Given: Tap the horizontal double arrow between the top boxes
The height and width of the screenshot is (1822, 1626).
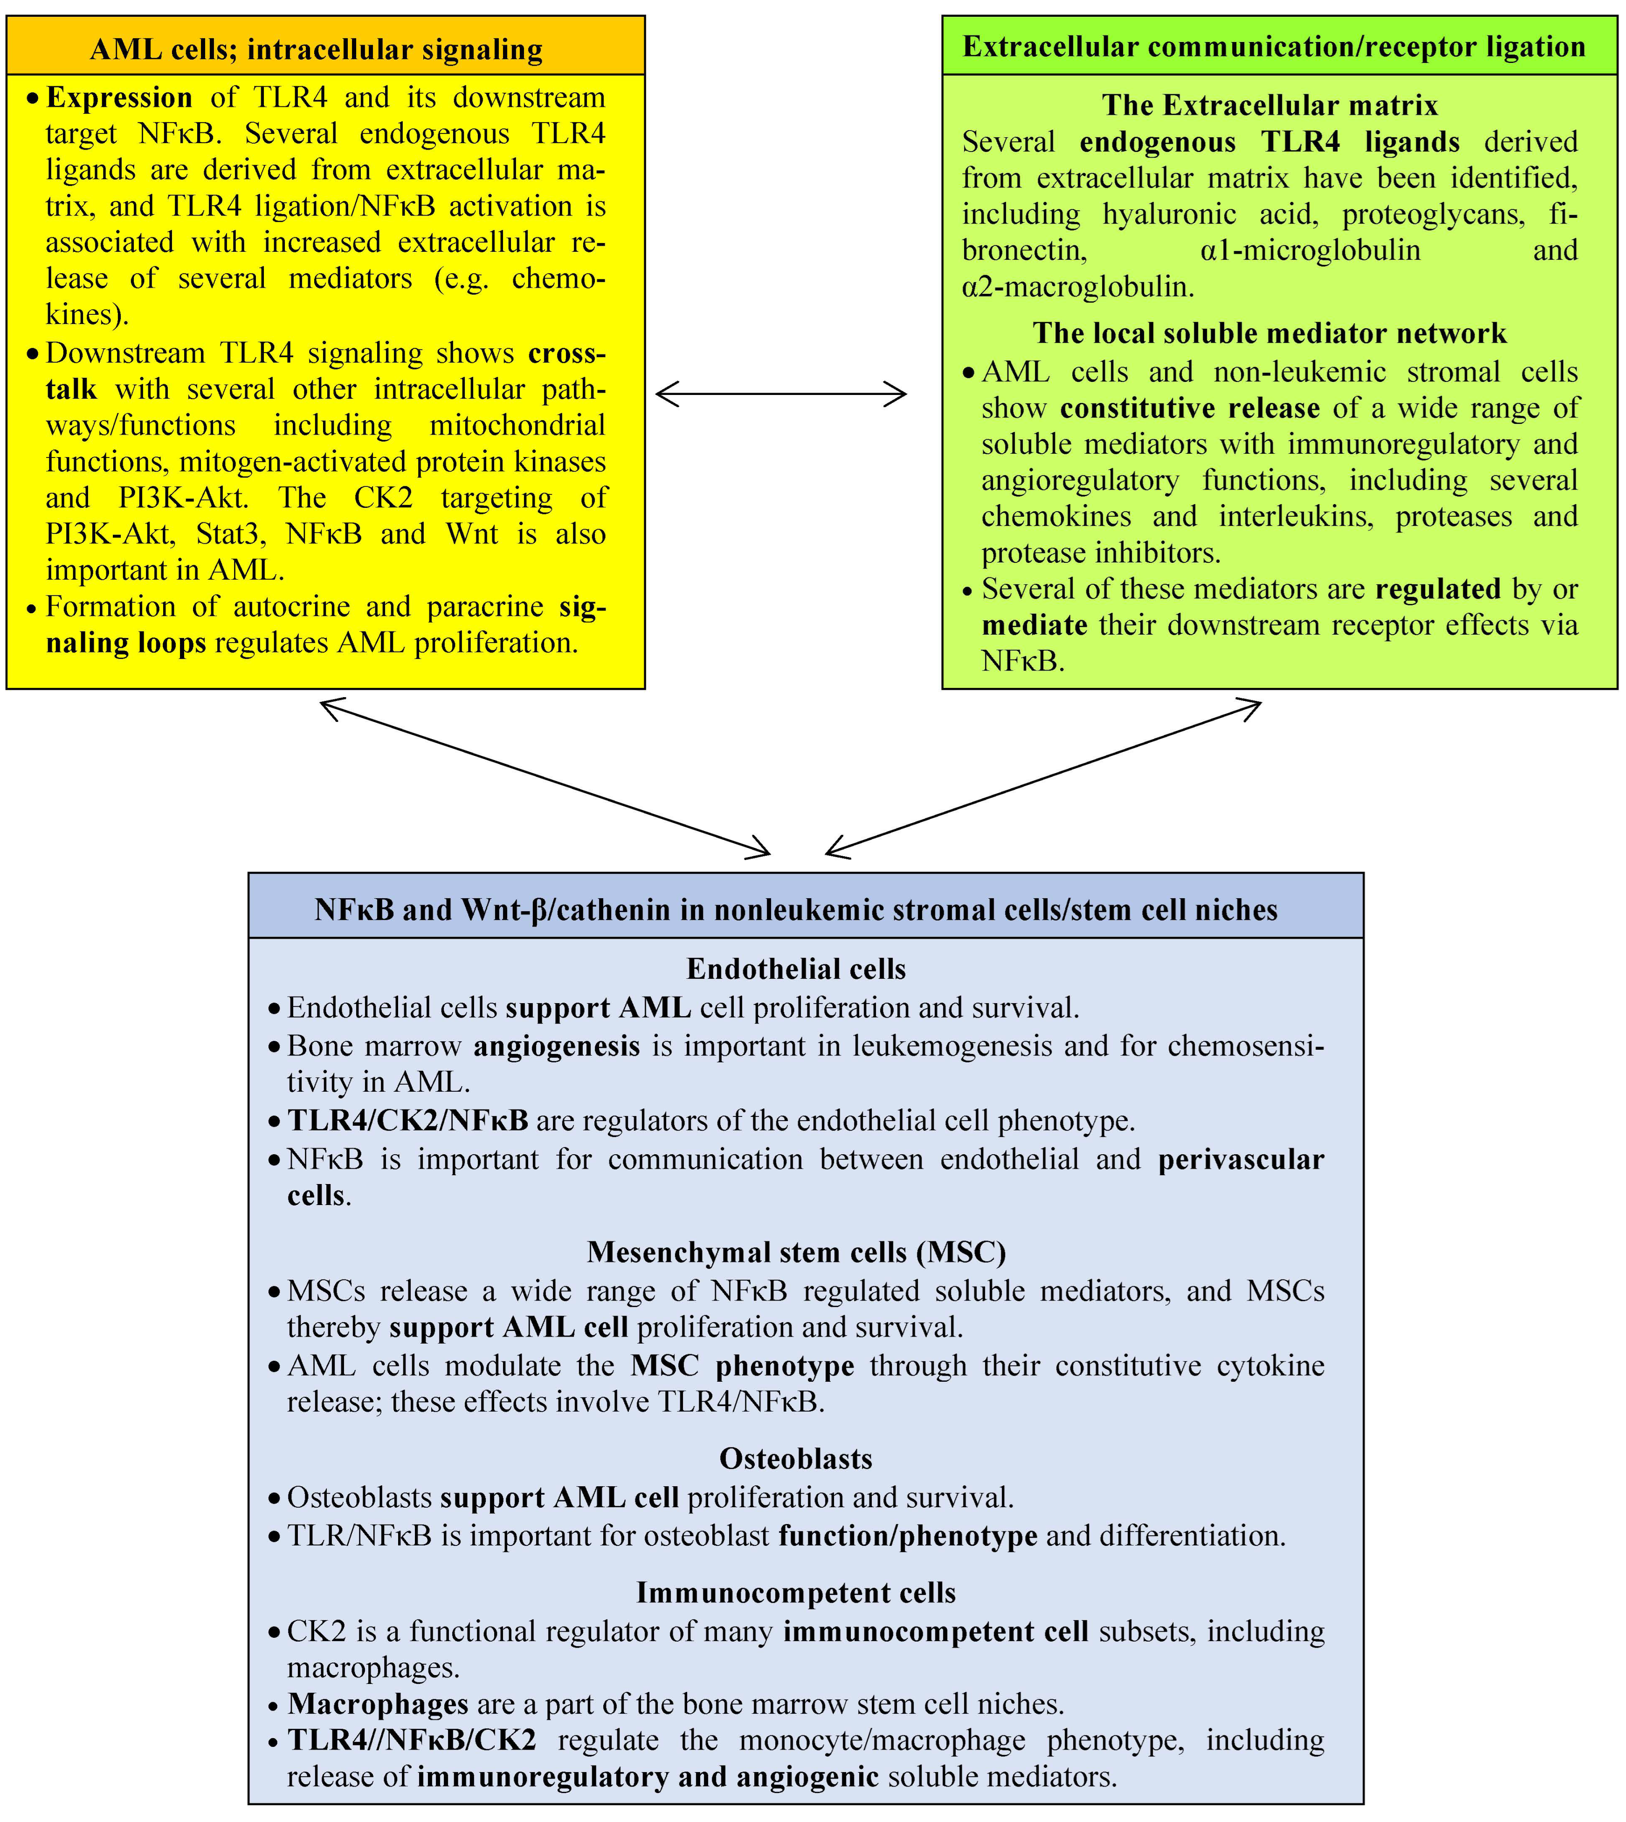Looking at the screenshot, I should point(781,393).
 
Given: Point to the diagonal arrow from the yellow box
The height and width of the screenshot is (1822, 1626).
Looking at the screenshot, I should point(545,777).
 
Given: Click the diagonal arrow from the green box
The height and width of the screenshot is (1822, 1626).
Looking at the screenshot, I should point(1043,777).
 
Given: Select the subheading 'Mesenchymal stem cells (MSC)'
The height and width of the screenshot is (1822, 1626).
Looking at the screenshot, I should point(796,1252).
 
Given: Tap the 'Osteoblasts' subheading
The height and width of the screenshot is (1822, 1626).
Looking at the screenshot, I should point(796,1458).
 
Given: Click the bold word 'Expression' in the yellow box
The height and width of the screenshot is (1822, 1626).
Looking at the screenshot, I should point(119,97).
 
